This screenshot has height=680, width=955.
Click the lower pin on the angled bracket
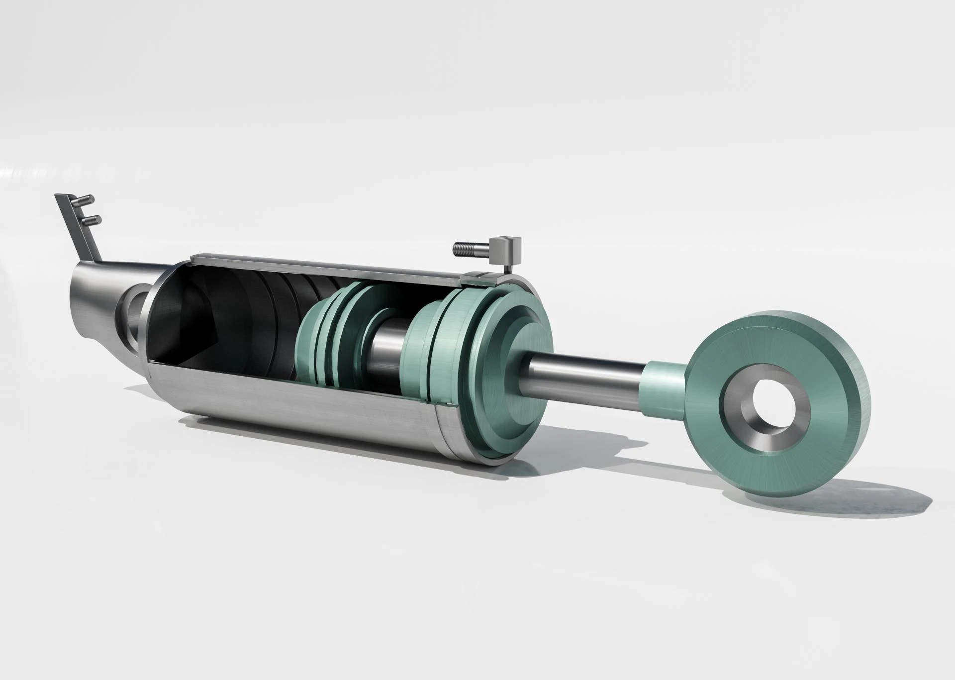(x=91, y=219)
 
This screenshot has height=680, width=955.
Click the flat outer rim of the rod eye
(x=856, y=423)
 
